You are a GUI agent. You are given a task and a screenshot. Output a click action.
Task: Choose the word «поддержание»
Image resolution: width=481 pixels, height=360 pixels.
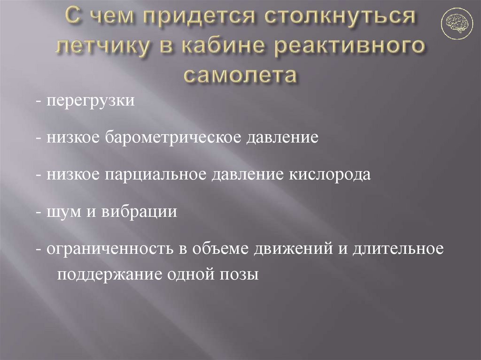click(108, 274)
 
